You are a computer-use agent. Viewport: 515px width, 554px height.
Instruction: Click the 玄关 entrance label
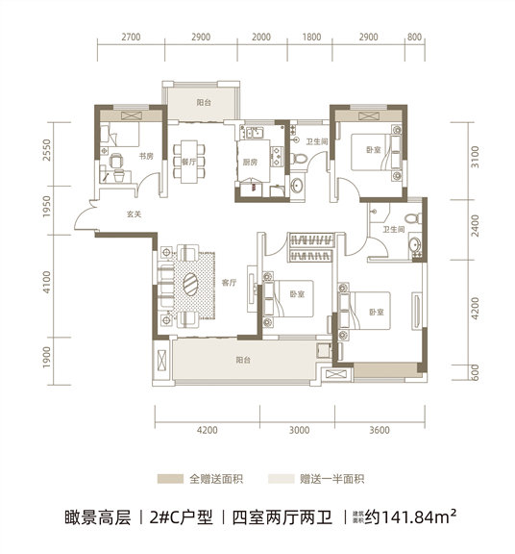coord(134,214)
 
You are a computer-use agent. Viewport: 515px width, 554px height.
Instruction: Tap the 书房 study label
coord(146,156)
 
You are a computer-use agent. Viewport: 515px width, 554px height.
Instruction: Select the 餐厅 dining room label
coord(188,163)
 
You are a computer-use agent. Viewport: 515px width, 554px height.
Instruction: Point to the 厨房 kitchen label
coord(250,163)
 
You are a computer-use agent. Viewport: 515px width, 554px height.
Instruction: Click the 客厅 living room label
coord(229,283)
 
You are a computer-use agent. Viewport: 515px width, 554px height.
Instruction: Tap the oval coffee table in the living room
coord(192,284)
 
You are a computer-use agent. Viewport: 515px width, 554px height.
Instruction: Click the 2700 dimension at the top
coord(131,38)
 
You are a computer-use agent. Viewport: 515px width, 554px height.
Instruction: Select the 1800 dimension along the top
coord(311,38)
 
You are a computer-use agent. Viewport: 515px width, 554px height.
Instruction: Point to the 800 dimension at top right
coord(414,38)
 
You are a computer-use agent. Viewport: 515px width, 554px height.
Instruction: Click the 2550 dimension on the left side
coord(47,150)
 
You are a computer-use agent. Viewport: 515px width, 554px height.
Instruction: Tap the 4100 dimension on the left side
coord(47,282)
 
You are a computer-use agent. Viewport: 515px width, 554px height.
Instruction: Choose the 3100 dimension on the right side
coord(475,157)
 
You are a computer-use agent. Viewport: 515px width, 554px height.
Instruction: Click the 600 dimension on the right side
coord(475,372)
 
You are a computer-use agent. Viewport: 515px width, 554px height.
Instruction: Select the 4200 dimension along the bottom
coord(208,430)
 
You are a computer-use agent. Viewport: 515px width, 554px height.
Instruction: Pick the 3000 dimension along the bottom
coord(300,430)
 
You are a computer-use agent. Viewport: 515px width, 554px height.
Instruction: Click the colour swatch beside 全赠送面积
coord(170,479)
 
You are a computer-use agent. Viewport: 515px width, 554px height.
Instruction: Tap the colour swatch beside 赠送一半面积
coord(281,479)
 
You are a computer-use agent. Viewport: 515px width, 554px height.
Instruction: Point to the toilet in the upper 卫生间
coord(300,158)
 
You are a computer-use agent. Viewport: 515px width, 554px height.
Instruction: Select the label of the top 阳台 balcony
coord(204,103)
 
